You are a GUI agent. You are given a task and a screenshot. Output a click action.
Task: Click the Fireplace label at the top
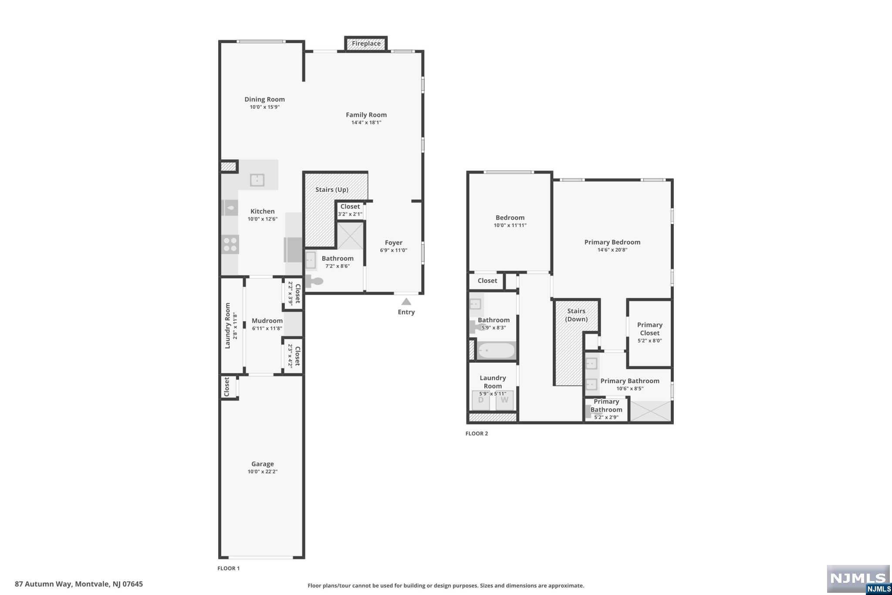[x=366, y=44]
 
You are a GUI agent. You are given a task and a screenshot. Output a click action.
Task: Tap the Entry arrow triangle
[x=406, y=302]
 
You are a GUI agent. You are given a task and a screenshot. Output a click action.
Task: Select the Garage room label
[x=262, y=464]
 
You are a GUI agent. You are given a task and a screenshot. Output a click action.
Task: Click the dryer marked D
[x=481, y=400]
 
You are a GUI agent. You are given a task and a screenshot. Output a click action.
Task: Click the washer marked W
[x=504, y=400]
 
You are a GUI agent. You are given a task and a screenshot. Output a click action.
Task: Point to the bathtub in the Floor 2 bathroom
[x=496, y=350]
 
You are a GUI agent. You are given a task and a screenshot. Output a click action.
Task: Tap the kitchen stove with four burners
[x=230, y=244]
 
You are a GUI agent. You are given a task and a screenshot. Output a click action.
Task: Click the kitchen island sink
[x=257, y=180]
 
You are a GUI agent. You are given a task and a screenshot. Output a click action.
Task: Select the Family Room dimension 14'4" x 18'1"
[x=366, y=122]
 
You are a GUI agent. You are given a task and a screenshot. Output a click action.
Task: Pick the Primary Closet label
[x=650, y=329]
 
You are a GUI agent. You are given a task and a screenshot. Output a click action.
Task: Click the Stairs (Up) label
[x=332, y=190]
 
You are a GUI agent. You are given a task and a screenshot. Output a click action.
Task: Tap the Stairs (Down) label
[x=576, y=315]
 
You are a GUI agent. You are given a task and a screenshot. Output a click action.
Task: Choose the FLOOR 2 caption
[x=477, y=433]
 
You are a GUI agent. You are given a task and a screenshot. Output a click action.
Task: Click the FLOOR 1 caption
[x=229, y=568]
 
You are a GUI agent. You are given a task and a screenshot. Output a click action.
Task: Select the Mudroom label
[x=267, y=321]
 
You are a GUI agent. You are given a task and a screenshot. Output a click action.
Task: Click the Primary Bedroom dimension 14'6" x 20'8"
[x=612, y=250]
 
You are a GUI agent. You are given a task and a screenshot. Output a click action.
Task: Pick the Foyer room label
[x=393, y=243]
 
